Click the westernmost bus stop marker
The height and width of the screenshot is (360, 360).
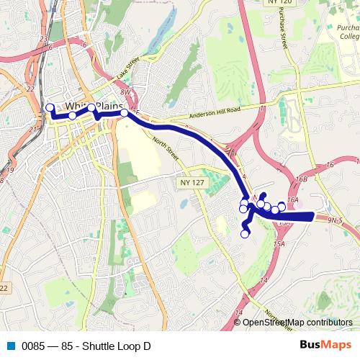click(50, 108)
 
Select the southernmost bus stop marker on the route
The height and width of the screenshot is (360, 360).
click(245, 233)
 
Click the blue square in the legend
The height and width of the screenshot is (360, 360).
click(10, 346)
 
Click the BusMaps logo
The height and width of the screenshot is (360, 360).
click(325, 346)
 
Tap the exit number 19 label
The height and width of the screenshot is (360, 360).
click(9, 171)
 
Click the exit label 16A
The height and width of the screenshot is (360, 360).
click(292, 200)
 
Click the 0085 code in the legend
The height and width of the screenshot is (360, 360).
click(32, 346)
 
